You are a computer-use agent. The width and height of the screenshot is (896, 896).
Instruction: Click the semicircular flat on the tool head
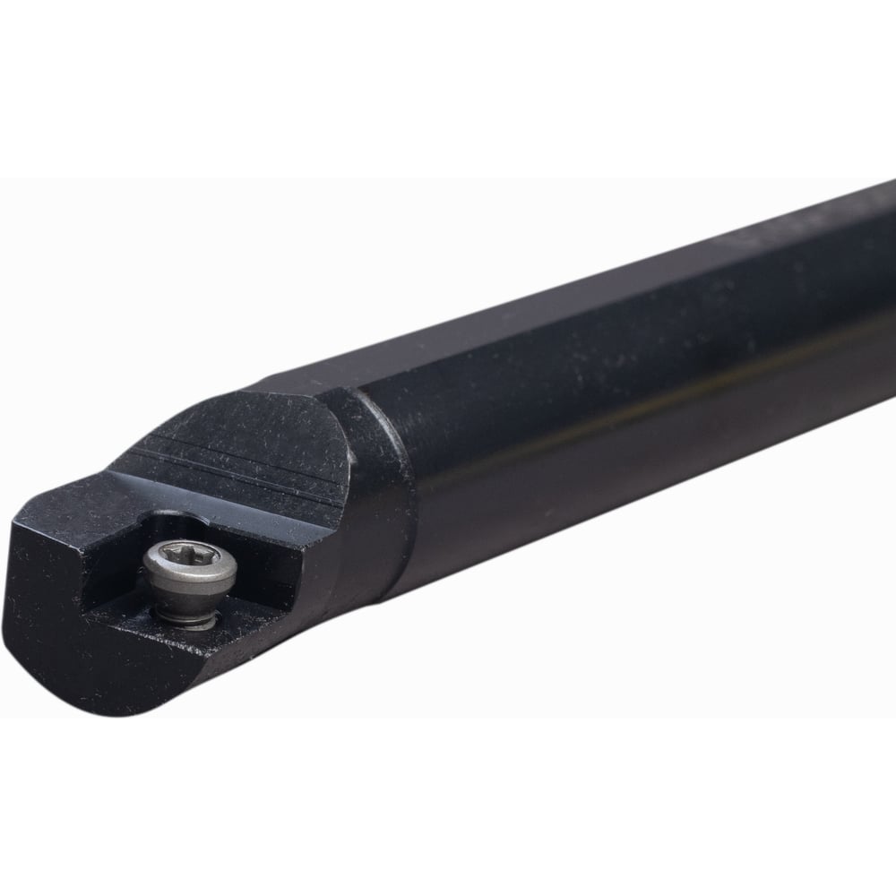pyautogui.click(x=260, y=448)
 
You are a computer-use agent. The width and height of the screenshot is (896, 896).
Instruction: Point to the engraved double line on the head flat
pyautogui.click(x=242, y=467)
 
